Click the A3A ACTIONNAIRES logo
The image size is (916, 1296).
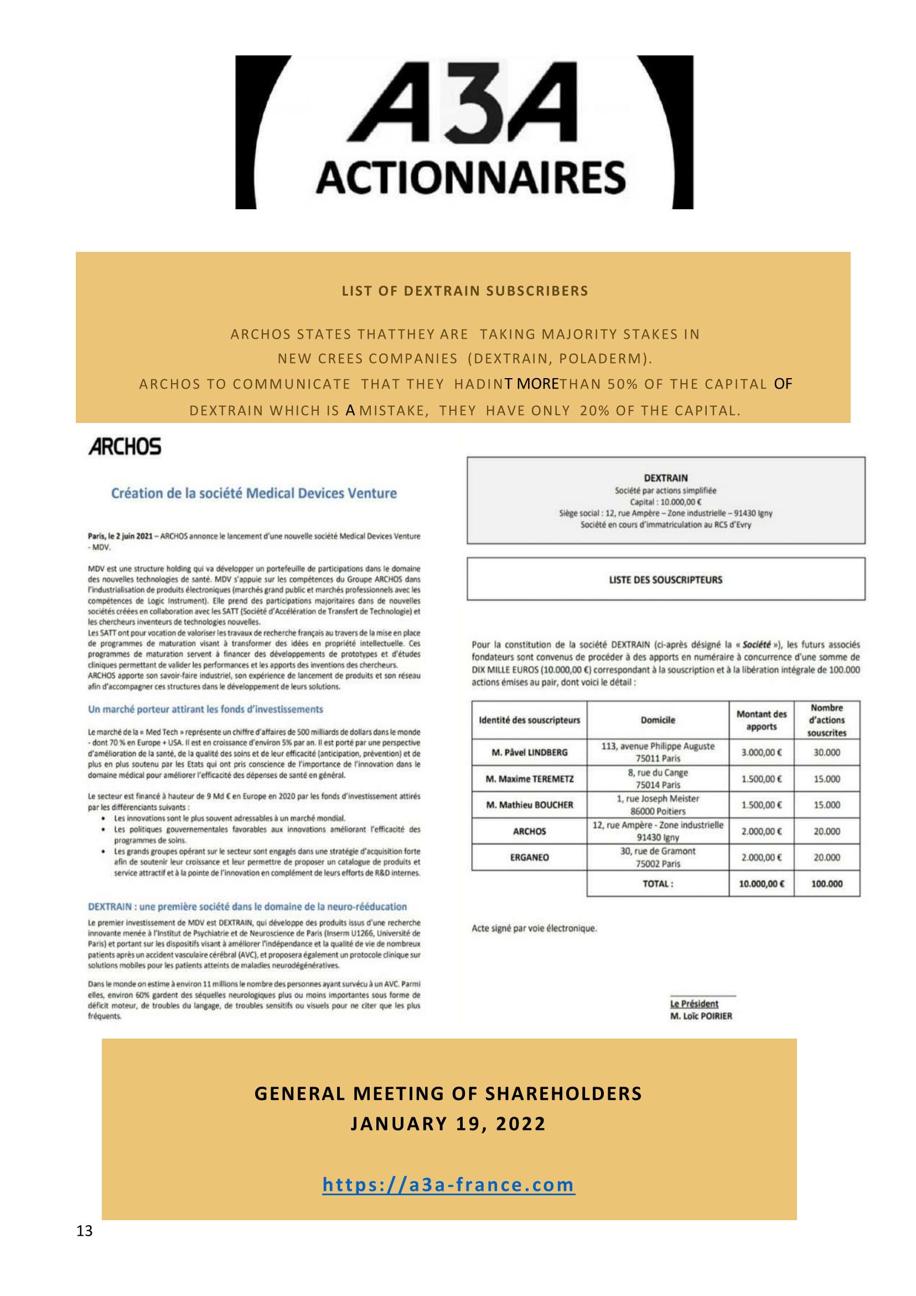464,132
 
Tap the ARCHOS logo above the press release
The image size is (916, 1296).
125,447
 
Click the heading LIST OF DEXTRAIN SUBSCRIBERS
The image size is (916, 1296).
464,291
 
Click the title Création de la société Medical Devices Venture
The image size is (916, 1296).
253,493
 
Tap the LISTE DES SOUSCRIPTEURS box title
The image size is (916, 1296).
665,580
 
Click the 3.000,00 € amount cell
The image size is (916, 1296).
761,752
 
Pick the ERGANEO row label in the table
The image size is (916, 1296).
529,857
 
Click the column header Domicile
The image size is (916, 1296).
658,720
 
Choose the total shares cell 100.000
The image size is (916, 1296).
826,884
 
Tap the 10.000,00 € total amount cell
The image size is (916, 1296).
761,884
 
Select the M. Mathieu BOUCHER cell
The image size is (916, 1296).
529,805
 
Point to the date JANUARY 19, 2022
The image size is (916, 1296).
448,1124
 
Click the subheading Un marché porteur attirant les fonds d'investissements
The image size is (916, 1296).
205,709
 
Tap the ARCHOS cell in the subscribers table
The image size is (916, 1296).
529,831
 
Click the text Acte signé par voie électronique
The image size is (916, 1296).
534,928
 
